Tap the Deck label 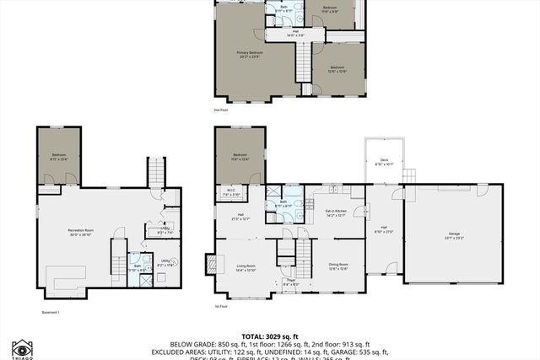(x=384, y=161)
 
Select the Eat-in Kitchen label (x=336, y=212)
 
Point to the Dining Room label (x=337, y=266)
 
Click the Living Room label (x=245, y=267)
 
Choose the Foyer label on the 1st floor (x=289, y=282)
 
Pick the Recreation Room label (x=81, y=231)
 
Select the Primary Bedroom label (x=249, y=54)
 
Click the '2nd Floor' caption (x=221, y=110)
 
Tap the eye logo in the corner (x=22, y=348)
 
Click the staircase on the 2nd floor (x=303, y=62)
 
